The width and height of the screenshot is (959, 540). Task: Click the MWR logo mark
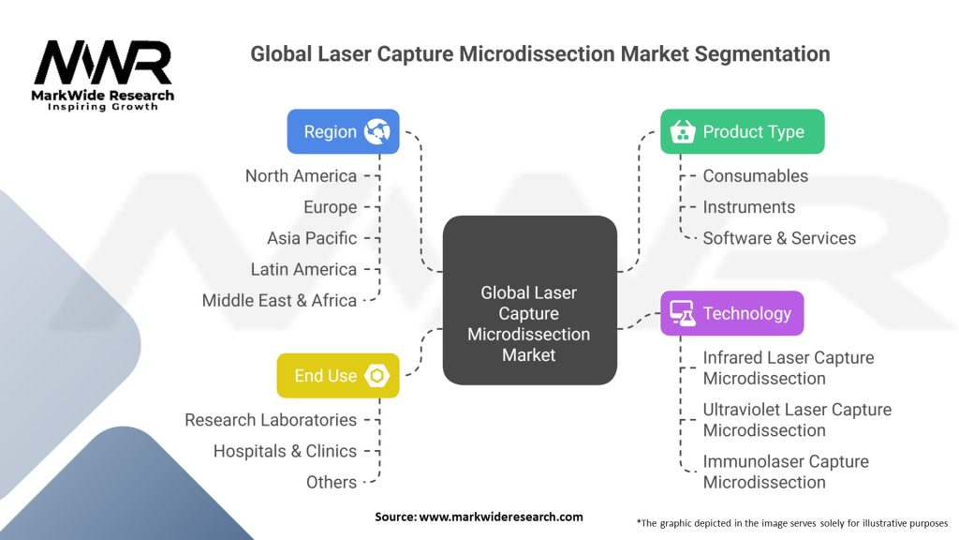pyautogui.click(x=103, y=63)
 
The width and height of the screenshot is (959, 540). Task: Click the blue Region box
pyautogui.click(x=343, y=131)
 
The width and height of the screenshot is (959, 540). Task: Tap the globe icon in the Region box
pyautogui.click(x=376, y=131)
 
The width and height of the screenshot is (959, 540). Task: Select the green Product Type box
pyautogui.click(x=742, y=131)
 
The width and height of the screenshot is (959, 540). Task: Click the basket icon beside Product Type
pyautogui.click(x=682, y=131)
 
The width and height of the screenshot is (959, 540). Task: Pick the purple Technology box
pyautogui.click(x=731, y=313)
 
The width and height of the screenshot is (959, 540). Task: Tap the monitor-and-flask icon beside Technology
pyautogui.click(x=682, y=313)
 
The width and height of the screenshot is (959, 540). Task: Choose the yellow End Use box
pyautogui.click(x=337, y=375)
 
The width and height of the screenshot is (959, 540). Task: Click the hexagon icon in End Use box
pyautogui.click(x=377, y=375)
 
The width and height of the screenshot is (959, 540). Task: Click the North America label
pyautogui.click(x=301, y=176)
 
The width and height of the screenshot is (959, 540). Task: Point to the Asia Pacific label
pyautogui.click(x=311, y=238)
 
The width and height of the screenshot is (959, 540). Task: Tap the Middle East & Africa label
pyautogui.click(x=279, y=300)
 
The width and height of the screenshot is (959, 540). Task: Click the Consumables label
pyautogui.click(x=755, y=176)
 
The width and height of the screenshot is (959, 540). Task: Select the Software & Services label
pyautogui.click(x=779, y=238)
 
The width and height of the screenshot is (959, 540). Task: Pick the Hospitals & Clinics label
pyautogui.click(x=285, y=451)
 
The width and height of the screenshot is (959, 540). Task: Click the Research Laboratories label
pyautogui.click(x=271, y=420)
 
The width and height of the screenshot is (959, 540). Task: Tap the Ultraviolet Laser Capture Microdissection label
pyautogui.click(x=797, y=420)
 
